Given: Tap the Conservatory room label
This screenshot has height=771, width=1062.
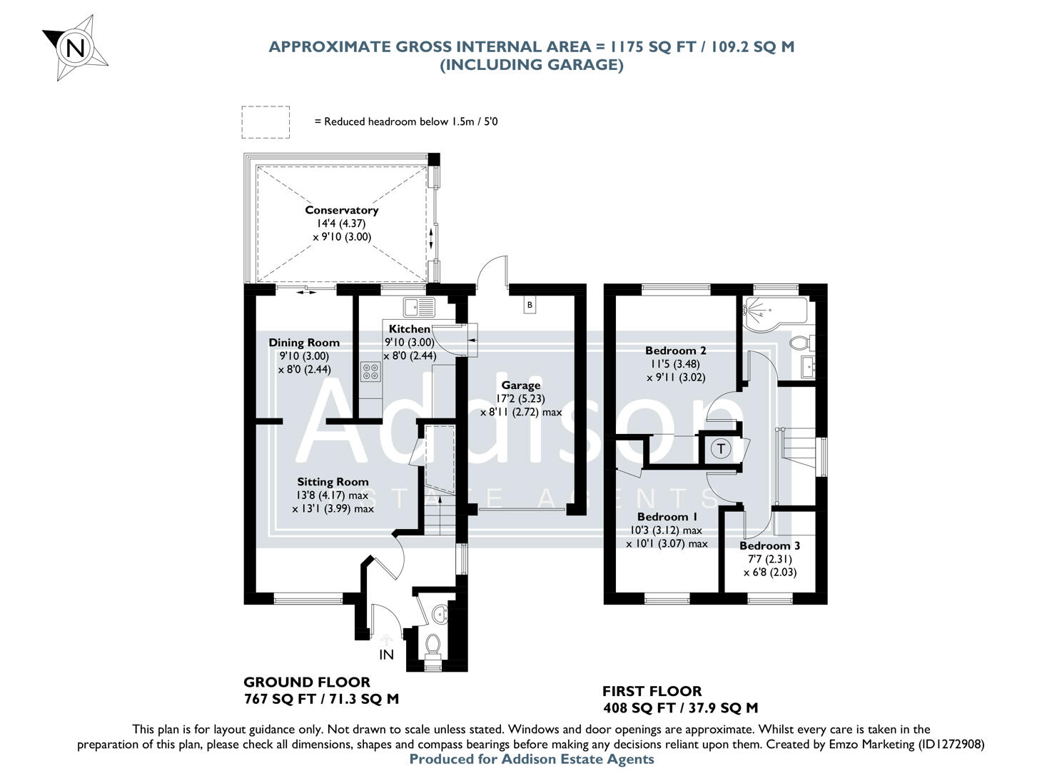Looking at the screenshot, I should click(341, 210).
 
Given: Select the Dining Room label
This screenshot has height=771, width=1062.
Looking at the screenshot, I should click(304, 343).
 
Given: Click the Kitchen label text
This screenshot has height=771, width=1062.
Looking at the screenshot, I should click(409, 329).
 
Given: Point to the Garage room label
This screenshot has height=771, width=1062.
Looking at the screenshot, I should click(520, 385).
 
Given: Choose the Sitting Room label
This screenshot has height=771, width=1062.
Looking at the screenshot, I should click(333, 482).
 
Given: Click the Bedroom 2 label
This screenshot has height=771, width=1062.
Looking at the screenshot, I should click(675, 351).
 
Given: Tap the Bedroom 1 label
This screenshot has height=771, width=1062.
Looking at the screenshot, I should click(667, 517).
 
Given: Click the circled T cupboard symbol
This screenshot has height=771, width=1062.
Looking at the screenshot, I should click(722, 449).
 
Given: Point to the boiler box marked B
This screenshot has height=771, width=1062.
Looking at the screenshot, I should click(529, 306).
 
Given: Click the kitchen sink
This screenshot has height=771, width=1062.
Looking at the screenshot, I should click(418, 307).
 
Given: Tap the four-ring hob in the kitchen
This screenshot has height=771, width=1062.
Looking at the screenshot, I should click(370, 371).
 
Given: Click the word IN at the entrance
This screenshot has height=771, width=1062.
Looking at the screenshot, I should click(386, 655).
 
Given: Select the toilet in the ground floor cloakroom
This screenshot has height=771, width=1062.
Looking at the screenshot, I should click(432, 645).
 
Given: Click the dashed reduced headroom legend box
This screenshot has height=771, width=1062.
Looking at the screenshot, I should click(265, 122).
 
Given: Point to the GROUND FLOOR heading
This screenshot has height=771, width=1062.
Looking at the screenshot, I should click(307, 682).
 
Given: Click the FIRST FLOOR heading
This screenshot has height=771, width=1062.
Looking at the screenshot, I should click(652, 691).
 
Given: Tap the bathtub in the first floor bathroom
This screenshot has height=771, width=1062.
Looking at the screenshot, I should click(774, 311).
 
